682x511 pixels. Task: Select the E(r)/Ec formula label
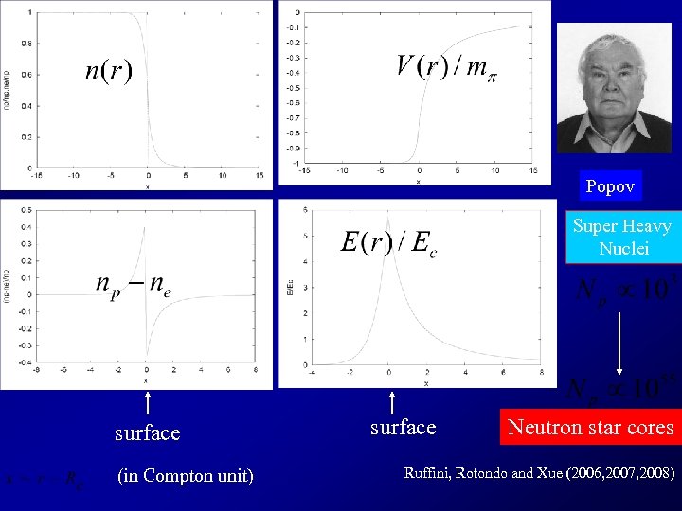pos(389,241)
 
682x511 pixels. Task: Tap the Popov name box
pos(610,186)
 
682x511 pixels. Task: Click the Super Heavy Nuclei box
pos(621,237)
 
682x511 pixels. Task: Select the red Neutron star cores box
pos(591,427)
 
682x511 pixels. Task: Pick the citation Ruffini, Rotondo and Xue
pos(539,470)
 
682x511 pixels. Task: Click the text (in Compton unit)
pos(185,474)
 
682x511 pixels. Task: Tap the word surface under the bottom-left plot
pos(147,432)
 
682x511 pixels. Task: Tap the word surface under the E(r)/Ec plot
pos(403,427)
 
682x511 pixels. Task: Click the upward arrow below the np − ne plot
pos(147,403)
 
